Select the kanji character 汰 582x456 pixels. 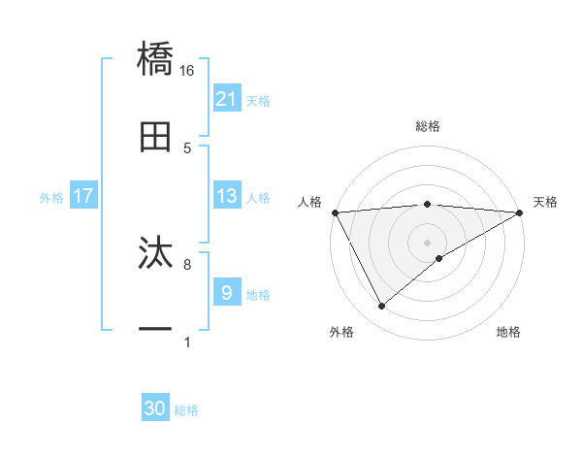point(155,253)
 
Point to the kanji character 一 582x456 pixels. point(155,330)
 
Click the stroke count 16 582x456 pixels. point(187,70)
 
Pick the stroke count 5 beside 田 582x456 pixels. point(187,147)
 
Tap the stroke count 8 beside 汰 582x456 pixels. point(187,263)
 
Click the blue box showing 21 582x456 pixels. point(227,99)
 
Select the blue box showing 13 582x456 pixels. point(227,196)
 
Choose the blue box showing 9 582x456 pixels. point(227,292)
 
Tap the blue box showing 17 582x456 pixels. point(83,196)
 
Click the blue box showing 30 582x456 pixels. point(155,408)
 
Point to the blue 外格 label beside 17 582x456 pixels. point(51,197)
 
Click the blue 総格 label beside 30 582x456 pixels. point(186,410)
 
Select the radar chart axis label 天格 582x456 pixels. point(545,202)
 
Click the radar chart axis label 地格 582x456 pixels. point(508,333)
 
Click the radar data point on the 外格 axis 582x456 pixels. point(381,307)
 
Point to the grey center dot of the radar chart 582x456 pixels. point(427,243)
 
